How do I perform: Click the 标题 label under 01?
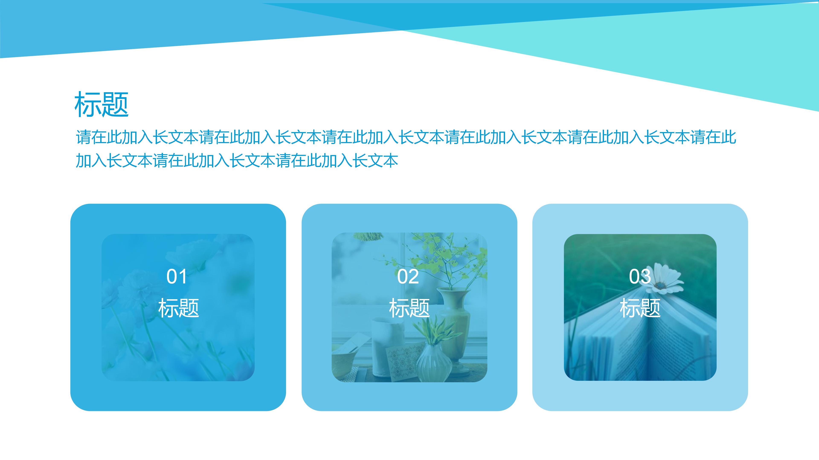178,308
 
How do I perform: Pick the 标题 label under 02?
409,308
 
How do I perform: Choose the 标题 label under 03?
640,308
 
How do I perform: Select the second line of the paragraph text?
237,161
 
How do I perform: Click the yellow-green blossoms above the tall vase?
445,254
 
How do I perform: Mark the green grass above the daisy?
620,254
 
